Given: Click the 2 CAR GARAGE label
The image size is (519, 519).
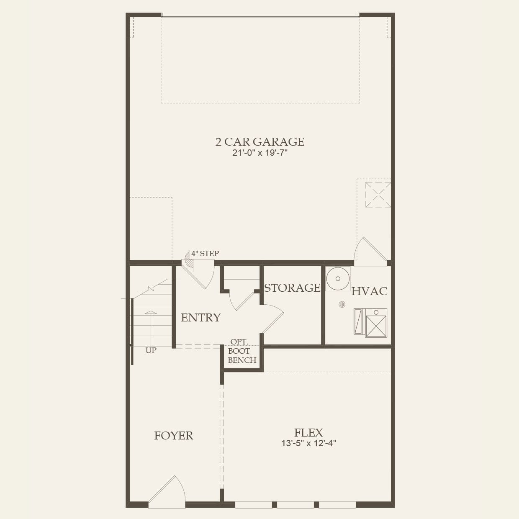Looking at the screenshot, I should point(259,142).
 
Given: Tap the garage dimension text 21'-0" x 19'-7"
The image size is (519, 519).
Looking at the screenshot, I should point(259,153).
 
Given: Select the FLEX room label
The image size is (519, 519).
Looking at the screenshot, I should point(308,433).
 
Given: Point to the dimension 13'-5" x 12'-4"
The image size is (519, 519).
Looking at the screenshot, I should point(308,443).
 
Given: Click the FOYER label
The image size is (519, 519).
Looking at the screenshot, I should point(174,436).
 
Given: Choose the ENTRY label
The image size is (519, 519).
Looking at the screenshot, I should point(200,318).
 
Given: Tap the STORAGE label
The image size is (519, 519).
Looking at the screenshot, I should point(292,288).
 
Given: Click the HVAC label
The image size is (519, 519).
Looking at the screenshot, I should point(369,291).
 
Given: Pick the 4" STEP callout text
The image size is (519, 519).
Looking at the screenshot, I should point(205,254).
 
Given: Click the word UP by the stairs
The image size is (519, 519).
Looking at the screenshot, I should point(151,350).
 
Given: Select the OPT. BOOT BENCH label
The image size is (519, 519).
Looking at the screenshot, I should point(242,351).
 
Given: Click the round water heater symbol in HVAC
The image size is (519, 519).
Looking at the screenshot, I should point(338,278).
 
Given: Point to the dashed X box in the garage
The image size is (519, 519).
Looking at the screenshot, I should point(378,194).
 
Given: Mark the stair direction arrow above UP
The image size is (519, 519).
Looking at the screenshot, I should point(151,322).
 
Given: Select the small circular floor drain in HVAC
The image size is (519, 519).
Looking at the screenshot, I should point(342,305).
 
